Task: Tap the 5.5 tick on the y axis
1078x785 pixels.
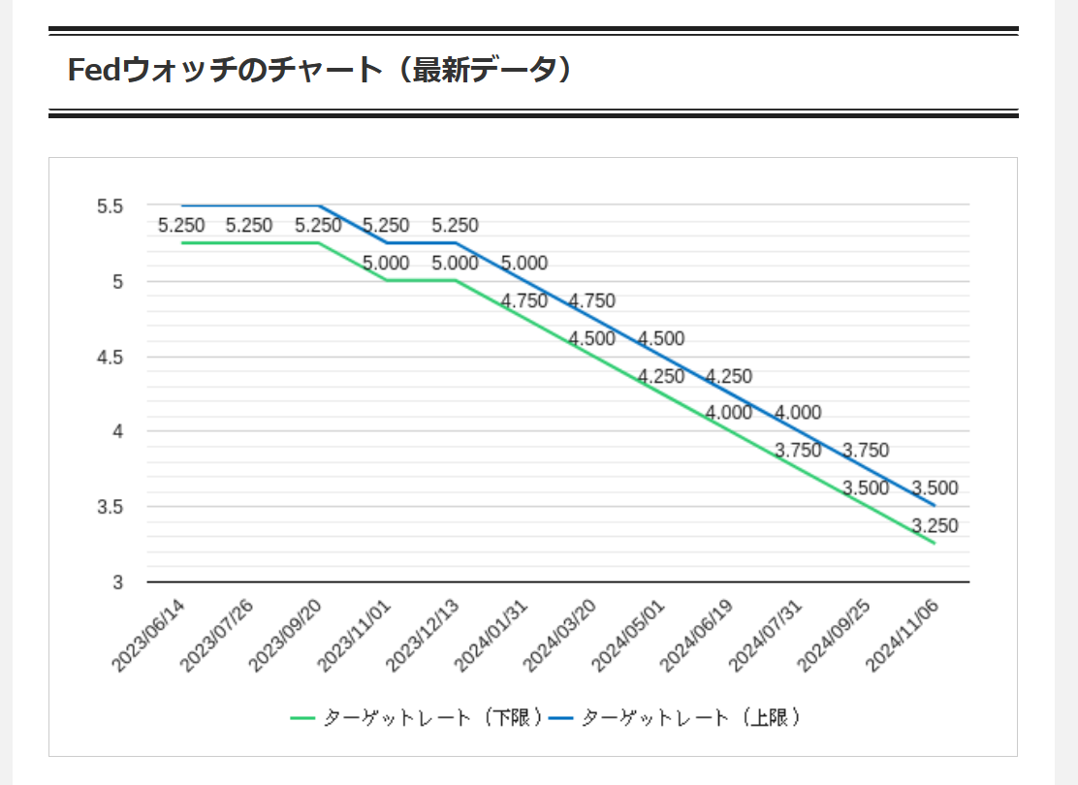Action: [110, 206]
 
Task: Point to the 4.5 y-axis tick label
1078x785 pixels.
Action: [110, 357]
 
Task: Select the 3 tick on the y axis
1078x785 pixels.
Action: [117, 582]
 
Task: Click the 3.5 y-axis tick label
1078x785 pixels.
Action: [110, 507]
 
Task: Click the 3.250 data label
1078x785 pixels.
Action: [935, 526]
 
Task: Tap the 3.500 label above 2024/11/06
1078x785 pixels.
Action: [935, 488]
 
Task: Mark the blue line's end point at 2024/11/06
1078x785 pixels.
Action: [935, 506]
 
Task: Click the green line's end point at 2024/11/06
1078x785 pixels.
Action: [935, 544]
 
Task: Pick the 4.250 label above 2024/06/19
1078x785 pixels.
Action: [729, 376]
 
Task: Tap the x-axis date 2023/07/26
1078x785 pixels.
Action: [217, 634]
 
